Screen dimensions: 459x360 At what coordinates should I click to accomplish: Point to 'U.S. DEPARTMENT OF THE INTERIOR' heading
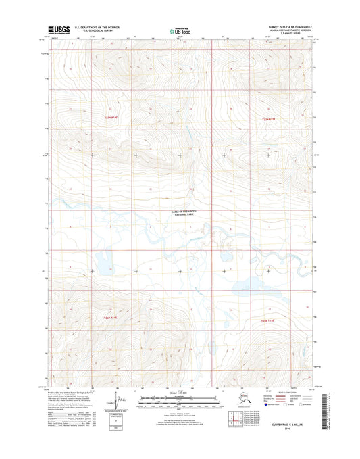[x=103, y=27]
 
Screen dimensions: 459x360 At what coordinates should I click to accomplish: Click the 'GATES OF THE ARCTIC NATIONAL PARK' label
[x=186, y=214]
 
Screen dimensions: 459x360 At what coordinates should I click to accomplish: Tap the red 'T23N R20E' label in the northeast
[x=269, y=119]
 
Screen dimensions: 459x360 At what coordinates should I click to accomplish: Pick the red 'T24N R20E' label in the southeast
[x=269, y=320]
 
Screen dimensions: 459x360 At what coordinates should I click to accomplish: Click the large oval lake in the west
[x=99, y=260]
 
